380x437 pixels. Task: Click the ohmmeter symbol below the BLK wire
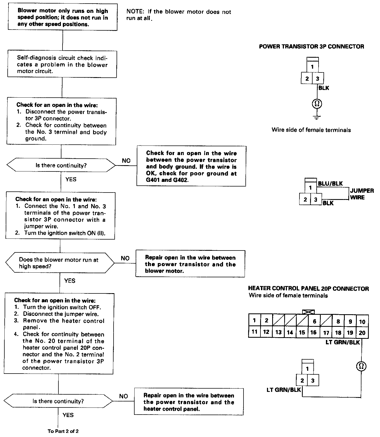coord(317,104)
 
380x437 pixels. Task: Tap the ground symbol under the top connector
coord(317,118)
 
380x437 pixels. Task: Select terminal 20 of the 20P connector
coord(362,333)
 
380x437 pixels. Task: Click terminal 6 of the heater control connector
coord(314,321)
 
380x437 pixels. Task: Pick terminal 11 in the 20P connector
coord(254,332)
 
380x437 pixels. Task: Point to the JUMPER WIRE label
coord(362,194)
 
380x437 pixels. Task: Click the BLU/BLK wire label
coord(330,183)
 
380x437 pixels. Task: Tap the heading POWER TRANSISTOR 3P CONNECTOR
coord(311,46)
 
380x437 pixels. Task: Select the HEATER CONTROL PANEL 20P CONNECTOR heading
coord(308,288)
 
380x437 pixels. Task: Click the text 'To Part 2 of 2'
coord(63,431)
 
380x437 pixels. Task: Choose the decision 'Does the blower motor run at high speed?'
coord(60,263)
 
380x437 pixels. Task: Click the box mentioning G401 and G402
coord(191,166)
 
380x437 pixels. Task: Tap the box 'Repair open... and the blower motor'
coord(190,264)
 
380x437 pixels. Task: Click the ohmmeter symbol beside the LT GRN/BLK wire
coord(361,366)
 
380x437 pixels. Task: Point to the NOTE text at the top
coord(179,15)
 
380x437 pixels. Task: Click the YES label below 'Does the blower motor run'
coord(70,281)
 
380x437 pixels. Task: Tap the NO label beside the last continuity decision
coord(123,396)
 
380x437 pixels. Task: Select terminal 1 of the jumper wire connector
coord(310,188)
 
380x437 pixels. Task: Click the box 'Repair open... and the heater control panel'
coord(189,402)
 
